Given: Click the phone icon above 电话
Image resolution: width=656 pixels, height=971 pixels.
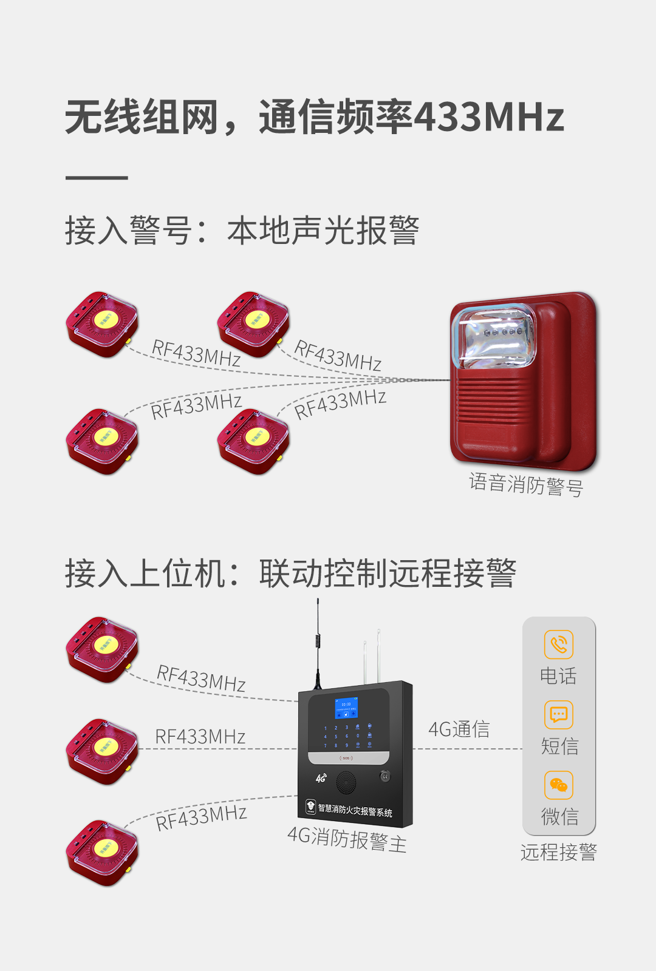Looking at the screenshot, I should point(559,644).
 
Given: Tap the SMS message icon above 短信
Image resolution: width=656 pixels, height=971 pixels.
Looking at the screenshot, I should point(559,715).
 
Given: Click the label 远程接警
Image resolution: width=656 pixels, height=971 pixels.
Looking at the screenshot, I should point(559,853).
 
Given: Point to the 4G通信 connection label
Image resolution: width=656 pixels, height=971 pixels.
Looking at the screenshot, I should point(459,729).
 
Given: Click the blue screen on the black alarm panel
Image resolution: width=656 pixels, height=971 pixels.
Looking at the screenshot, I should point(346,708).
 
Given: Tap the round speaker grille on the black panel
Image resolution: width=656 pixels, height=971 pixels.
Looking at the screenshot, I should point(346,783).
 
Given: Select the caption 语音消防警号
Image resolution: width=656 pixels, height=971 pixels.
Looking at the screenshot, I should point(526,484).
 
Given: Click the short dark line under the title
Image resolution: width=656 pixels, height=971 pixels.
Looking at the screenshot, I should point(97,178).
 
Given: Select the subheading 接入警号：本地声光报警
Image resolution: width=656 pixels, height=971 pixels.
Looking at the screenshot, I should point(242,231).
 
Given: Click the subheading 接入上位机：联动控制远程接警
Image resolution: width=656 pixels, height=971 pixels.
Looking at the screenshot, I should point(290,573).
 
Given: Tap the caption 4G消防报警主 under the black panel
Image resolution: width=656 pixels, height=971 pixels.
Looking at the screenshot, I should point(347,839).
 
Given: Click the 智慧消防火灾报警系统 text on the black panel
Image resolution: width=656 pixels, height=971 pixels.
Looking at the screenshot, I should point(355,810).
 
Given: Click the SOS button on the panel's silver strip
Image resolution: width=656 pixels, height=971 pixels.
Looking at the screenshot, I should point(346,758).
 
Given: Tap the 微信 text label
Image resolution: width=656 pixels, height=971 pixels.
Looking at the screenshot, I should point(559,817).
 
